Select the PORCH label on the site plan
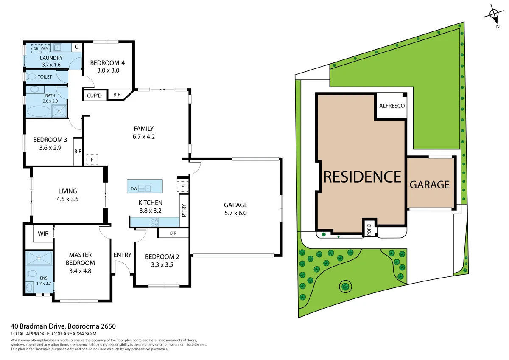coord(369,228)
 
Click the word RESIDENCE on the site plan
coord(362,176)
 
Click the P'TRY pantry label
coord(184,210)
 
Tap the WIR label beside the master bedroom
coord(43,234)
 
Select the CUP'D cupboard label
coord(94,96)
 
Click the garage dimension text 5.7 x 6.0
coord(235,213)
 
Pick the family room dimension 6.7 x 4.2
coord(143,137)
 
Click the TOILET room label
coord(45,77)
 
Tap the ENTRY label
coord(122,255)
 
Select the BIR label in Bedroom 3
coord(78,152)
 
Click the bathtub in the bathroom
coord(39,111)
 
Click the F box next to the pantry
coord(182,186)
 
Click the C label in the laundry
coord(76,48)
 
